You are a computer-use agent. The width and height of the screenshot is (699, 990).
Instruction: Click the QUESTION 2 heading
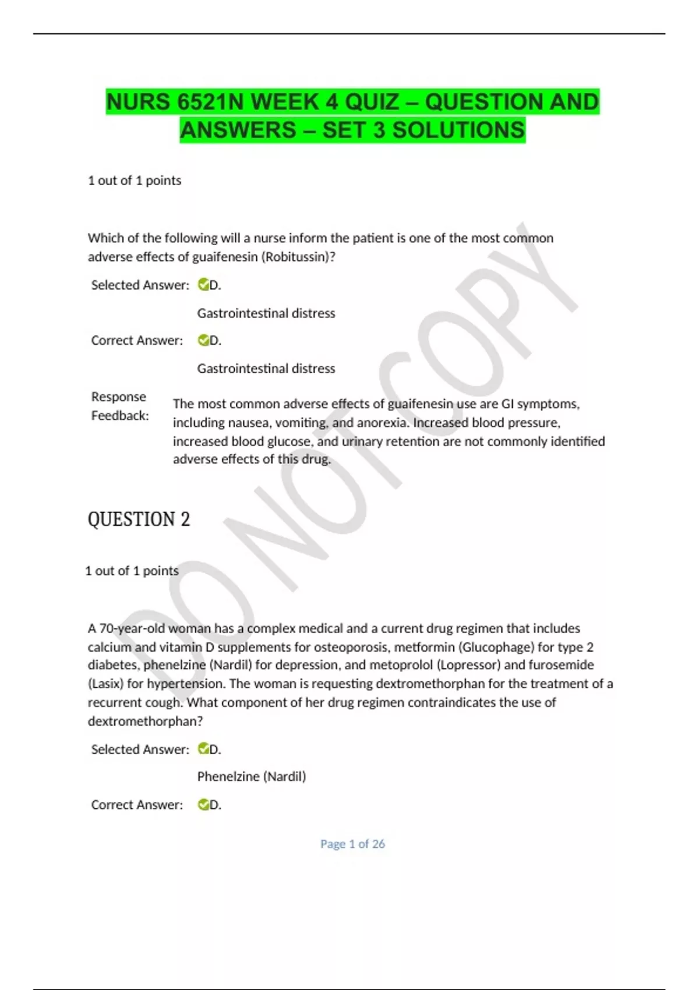[139, 519]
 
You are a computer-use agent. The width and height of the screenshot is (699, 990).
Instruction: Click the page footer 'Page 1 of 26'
[352, 844]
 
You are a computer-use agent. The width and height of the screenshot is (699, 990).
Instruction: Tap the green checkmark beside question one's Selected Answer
[203, 285]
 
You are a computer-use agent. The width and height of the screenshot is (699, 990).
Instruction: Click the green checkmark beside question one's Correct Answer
[203, 340]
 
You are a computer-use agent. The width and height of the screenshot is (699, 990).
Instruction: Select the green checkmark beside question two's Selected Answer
[203, 749]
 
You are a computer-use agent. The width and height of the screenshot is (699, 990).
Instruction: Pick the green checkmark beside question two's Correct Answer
[203, 805]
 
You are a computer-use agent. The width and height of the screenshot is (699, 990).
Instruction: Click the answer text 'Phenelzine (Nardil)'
[252, 776]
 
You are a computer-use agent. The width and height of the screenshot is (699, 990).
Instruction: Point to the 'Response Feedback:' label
[119, 406]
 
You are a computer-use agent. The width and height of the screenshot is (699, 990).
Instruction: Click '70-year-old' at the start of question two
[126, 628]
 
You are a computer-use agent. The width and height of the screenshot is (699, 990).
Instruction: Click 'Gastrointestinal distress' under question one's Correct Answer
[266, 369]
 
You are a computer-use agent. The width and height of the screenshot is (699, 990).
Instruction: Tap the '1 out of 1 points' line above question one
[135, 181]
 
